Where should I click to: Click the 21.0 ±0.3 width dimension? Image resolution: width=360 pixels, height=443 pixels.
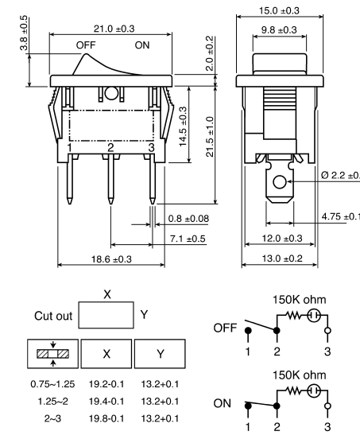point(110,28)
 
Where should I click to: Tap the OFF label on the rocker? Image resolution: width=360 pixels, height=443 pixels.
point(85,46)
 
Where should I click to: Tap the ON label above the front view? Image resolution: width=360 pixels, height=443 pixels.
point(142,46)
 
